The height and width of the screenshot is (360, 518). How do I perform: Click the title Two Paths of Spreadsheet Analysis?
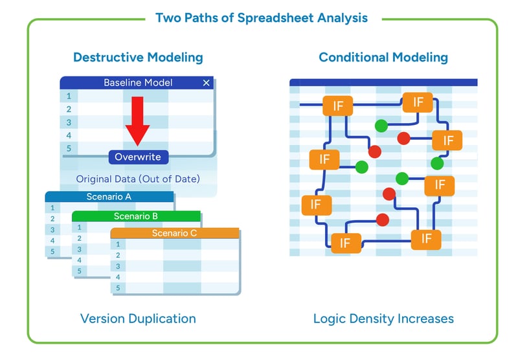point(262,17)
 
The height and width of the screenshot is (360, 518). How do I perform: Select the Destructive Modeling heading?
point(138,57)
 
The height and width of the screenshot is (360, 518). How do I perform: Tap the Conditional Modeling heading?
point(383,57)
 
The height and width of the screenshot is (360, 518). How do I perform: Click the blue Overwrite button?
point(138,157)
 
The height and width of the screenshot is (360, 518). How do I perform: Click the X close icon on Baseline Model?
point(207,83)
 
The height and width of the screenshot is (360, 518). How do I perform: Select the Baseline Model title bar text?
point(138,83)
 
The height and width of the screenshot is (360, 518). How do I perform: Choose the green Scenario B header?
point(136,216)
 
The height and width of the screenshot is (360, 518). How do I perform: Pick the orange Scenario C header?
point(175,233)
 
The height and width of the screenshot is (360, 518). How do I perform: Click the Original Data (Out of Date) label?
point(138,179)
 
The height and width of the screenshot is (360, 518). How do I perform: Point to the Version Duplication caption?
point(138,319)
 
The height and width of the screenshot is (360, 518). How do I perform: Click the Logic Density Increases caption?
point(383,319)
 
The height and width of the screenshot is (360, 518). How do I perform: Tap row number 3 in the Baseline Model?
point(68,122)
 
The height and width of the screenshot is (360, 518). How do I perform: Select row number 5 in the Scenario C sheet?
point(118,287)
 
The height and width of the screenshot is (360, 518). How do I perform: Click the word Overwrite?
point(138,157)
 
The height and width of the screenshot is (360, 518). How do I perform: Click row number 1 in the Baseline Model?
point(68,96)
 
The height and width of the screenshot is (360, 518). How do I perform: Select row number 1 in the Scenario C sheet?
point(118,244)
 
